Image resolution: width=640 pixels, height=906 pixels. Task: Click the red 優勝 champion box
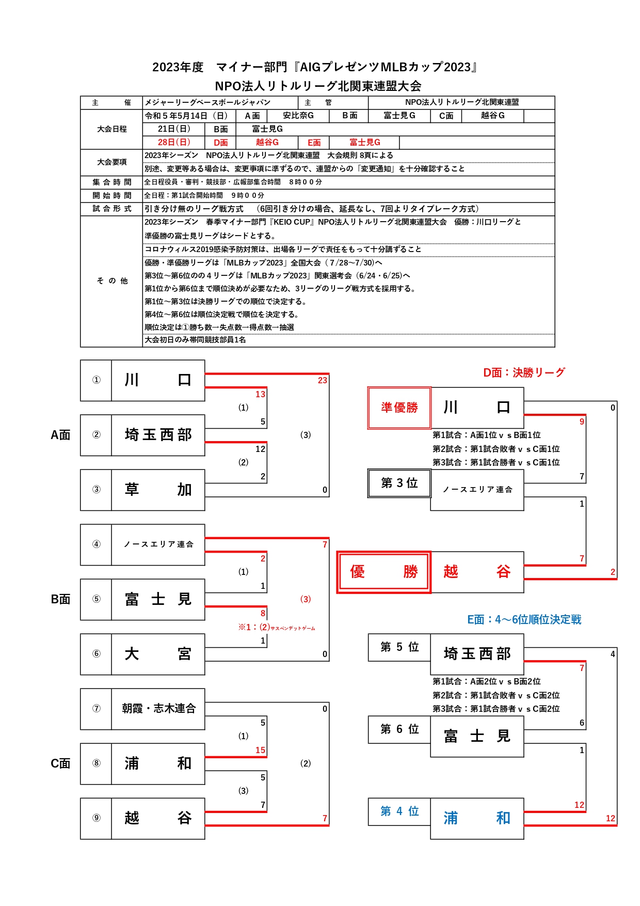point(383,572)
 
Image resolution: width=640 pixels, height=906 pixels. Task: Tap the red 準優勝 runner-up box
point(399,408)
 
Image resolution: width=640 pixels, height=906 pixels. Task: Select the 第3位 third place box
point(399,483)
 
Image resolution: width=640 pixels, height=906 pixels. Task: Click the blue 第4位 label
point(399,811)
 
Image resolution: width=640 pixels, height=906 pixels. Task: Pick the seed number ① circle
point(97,380)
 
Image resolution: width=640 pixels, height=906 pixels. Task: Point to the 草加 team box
point(158,490)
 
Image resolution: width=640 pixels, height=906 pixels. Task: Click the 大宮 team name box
point(158,654)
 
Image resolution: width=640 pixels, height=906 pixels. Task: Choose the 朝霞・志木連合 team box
point(158,709)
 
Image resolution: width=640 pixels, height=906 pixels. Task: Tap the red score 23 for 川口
point(323,380)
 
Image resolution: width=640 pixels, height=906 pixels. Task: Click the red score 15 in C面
point(260,750)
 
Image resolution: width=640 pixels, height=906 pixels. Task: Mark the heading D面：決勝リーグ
point(524,372)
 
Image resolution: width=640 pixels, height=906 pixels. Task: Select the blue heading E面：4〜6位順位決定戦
point(524,619)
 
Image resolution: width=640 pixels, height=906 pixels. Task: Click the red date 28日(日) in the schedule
point(174,142)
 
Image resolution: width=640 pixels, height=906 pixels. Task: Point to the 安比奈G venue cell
point(298,116)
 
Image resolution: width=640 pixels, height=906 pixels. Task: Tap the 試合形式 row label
point(112,209)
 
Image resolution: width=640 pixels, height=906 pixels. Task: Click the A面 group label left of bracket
point(60,435)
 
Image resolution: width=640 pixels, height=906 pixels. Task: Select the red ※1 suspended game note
point(276,627)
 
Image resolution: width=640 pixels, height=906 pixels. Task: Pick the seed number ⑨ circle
point(97,818)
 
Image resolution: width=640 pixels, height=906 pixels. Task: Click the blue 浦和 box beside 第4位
point(477,818)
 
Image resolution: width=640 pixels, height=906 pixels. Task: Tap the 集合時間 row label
point(112,182)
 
